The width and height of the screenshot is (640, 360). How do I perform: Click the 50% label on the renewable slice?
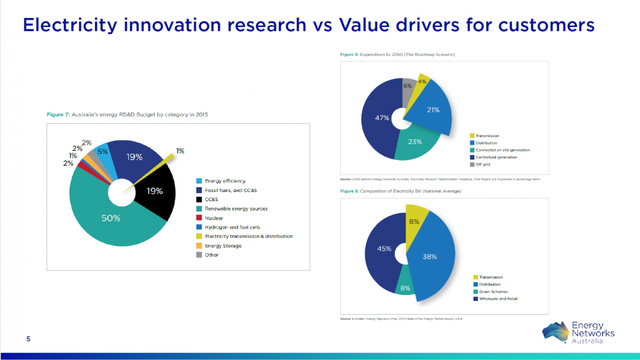point(111,218)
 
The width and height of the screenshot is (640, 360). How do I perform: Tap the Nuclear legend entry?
point(214,218)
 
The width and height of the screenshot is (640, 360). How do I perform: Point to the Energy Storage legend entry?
point(223,245)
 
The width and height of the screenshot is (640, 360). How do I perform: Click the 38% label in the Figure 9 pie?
point(430,257)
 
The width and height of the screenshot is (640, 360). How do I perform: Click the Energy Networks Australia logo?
point(578,332)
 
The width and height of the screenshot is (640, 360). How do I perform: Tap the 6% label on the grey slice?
point(407,86)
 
